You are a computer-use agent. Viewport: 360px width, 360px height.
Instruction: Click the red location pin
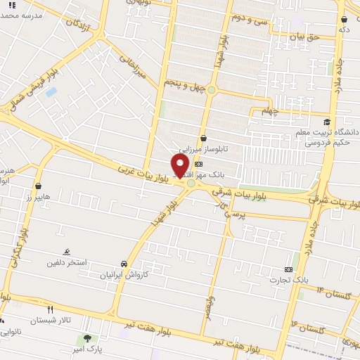tap(180, 165)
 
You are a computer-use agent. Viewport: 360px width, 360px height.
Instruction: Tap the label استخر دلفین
tap(86, 263)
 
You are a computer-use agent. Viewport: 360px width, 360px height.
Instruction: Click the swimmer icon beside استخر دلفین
tap(66, 252)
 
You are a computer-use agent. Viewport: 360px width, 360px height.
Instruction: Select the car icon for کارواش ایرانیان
tap(124, 264)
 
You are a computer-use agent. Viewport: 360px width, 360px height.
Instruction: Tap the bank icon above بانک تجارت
tap(288, 269)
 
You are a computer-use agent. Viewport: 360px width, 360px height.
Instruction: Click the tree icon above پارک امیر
tap(87, 339)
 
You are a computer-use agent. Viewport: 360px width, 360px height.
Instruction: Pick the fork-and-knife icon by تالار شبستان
tap(49, 309)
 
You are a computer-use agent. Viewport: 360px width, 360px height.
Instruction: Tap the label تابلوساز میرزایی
tap(203, 150)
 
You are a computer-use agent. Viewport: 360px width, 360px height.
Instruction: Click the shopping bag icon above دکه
tap(345, 19)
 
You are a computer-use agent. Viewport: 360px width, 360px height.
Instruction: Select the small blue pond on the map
tap(51, 92)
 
